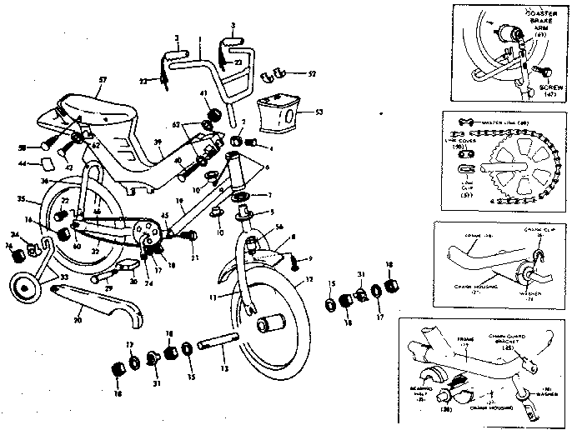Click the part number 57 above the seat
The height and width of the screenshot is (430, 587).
coord(103,80)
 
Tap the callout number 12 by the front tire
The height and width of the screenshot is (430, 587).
coord(309,280)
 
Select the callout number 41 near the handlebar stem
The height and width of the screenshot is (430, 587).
coord(203,93)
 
